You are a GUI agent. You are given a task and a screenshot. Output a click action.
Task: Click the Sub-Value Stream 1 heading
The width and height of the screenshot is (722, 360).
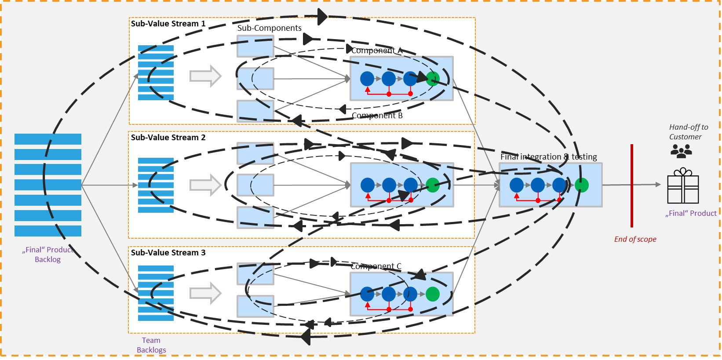(x=168, y=24)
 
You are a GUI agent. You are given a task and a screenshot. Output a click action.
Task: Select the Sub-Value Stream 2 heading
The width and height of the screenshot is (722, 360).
(x=168, y=138)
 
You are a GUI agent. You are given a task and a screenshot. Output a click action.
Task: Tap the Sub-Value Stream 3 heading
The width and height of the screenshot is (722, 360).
(x=168, y=253)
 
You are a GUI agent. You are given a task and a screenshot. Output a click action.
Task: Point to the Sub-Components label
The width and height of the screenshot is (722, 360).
(x=269, y=28)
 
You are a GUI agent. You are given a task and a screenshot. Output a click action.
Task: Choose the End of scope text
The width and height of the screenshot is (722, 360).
(x=635, y=239)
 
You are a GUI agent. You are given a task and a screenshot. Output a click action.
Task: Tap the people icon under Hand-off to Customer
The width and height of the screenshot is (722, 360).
(x=681, y=151)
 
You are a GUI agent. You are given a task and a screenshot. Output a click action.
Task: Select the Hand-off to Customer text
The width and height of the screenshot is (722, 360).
(x=688, y=132)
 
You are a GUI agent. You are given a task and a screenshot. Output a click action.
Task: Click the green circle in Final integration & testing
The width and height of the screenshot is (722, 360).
(x=581, y=185)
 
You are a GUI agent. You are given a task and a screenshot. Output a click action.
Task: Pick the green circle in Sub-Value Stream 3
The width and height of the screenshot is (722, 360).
(x=433, y=294)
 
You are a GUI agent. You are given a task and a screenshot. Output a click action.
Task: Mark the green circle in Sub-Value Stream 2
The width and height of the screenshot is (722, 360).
(x=433, y=185)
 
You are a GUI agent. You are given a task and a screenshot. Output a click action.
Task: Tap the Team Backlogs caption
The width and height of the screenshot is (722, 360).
(x=151, y=345)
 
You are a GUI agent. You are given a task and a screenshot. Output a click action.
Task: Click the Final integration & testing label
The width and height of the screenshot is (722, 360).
(x=548, y=157)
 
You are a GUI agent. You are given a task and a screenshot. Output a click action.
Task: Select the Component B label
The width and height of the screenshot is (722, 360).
(x=377, y=116)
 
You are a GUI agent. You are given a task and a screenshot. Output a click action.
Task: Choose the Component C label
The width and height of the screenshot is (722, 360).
(x=376, y=266)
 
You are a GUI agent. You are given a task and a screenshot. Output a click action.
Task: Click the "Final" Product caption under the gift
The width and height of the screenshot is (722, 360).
(x=691, y=214)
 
